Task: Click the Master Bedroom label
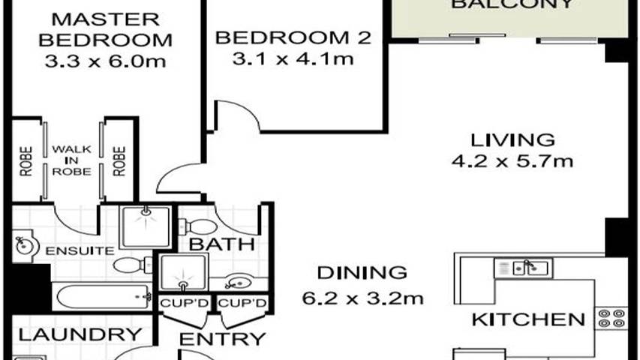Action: (104, 28)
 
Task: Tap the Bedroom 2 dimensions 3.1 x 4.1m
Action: (293, 58)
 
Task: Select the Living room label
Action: (512, 139)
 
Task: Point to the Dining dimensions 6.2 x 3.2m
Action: (363, 298)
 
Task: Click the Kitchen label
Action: (527, 319)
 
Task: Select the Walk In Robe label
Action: (71, 160)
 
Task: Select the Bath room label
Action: (211, 244)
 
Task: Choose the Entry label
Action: (223, 339)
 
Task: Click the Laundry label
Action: (79, 334)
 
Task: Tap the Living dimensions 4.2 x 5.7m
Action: (512, 160)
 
